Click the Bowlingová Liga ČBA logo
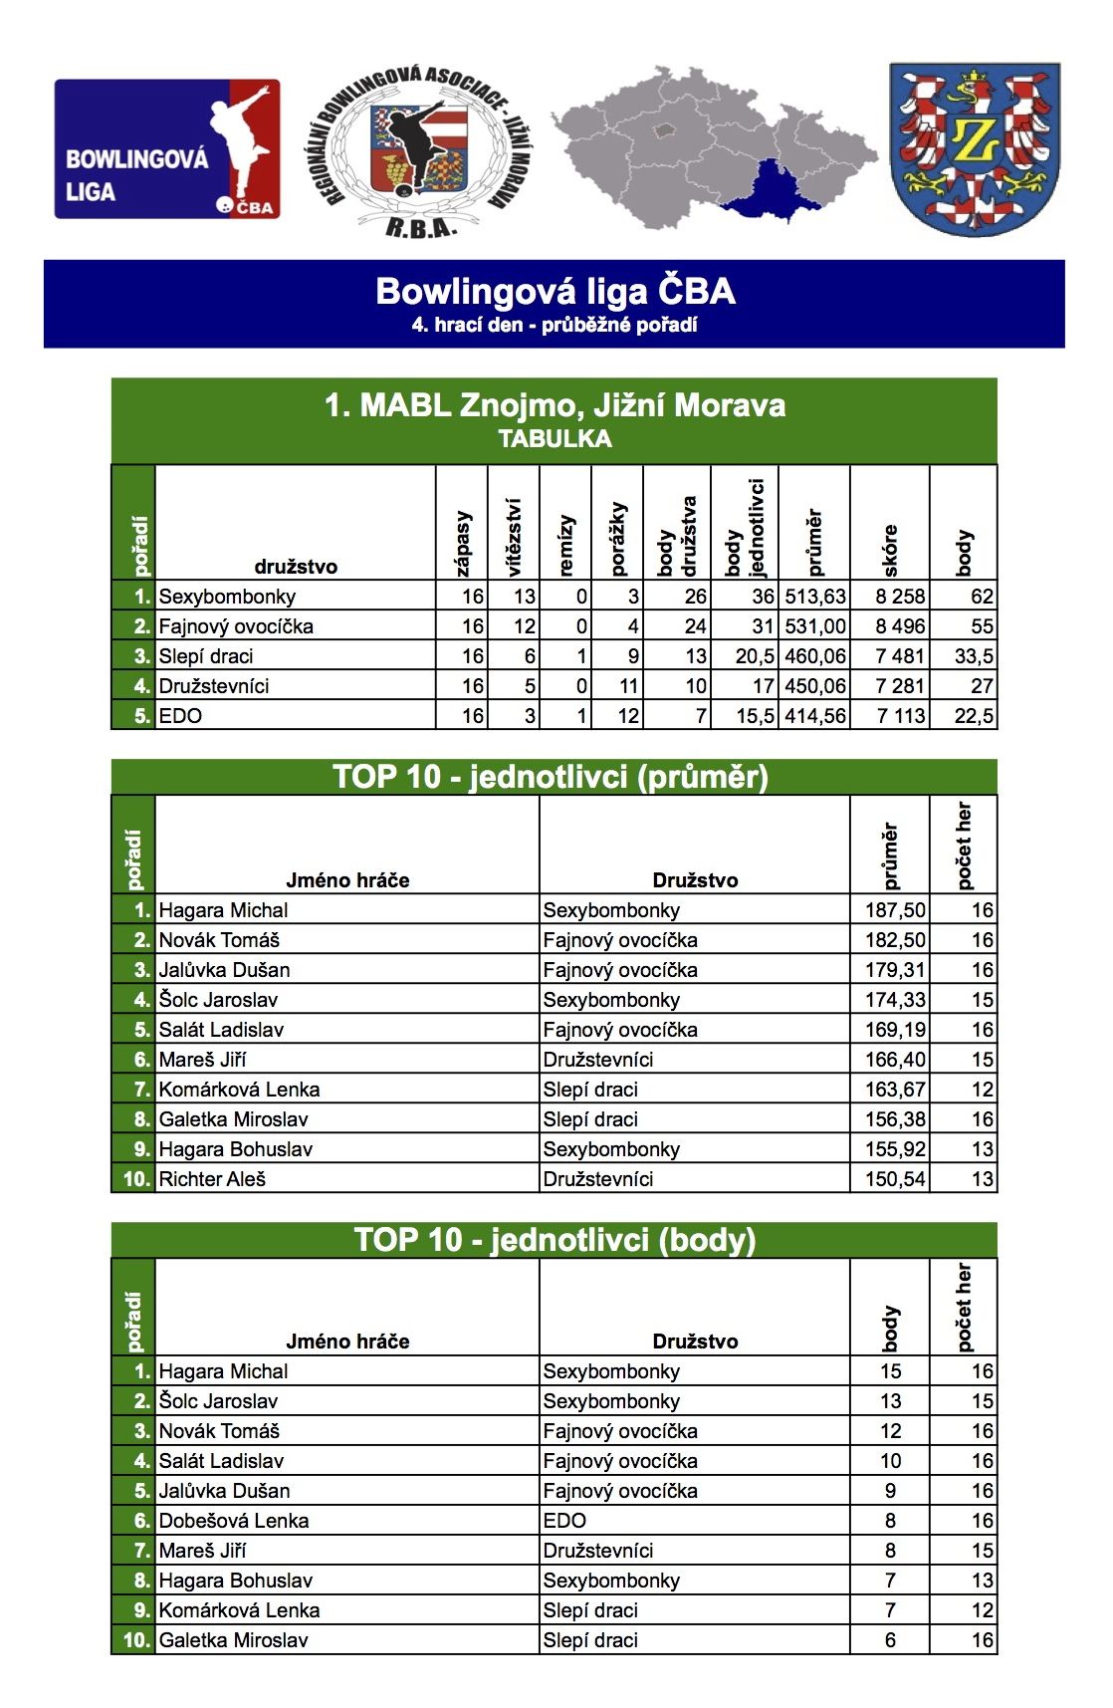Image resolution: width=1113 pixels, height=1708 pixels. [x=167, y=148]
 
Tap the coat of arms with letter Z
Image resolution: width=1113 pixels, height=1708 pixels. [x=974, y=149]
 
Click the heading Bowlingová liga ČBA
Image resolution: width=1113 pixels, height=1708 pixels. [x=555, y=291]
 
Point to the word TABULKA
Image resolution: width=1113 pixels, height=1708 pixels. [x=555, y=439]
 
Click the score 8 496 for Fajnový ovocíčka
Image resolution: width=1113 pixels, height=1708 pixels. [x=900, y=626]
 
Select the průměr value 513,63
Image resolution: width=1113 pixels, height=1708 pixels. [x=814, y=597]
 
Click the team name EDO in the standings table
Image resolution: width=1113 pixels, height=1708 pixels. [x=180, y=716]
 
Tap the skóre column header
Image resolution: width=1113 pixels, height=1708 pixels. [x=890, y=550]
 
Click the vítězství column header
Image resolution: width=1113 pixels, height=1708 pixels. [x=514, y=538]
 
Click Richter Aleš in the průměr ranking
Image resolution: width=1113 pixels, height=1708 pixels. [x=212, y=1179]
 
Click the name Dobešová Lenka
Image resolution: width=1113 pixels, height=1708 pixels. [x=233, y=1521]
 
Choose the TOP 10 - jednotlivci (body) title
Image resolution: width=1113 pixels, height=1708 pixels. [x=555, y=1240]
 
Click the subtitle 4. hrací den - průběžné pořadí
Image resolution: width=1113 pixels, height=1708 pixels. [x=555, y=325]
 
